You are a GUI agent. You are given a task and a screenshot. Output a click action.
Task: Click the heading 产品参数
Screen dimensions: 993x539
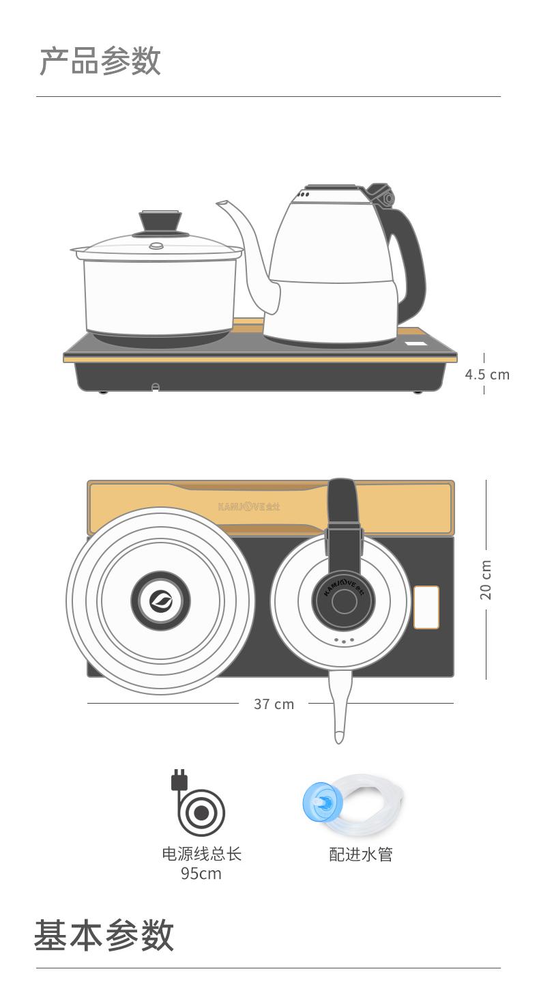[x=100, y=61]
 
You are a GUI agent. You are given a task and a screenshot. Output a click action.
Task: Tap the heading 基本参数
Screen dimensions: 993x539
[x=104, y=935]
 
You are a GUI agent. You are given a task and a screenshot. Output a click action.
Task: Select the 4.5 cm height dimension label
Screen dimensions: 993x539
[x=487, y=375]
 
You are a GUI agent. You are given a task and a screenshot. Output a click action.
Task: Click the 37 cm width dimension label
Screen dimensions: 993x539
[x=274, y=704]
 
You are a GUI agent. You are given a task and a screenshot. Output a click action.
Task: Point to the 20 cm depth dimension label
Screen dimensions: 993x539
[x=486, y=579]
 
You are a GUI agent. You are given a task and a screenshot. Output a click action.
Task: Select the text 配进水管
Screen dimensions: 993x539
[x=361, y=854]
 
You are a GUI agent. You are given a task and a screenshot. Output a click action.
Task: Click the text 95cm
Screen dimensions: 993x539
[x=201, y=874]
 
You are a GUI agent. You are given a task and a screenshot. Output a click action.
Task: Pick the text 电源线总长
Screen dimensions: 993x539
[x=201, y=854]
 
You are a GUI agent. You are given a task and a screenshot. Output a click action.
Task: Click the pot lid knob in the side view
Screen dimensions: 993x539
[x=160, y=222]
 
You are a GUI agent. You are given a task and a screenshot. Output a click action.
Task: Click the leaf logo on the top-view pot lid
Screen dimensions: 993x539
[x=160, y=601]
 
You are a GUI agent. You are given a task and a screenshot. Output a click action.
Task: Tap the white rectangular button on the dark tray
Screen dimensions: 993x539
[x=426, y=607]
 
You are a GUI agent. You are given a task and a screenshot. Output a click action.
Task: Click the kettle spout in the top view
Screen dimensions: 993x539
[x=340, y=706]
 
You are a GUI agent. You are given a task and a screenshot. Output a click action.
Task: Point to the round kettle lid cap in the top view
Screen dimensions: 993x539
[x=344, y=601]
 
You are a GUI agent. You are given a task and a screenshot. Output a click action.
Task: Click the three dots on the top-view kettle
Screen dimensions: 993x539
[x=343, y=641]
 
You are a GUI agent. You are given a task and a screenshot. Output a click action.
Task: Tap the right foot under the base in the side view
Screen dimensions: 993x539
[x=418, y=391]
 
